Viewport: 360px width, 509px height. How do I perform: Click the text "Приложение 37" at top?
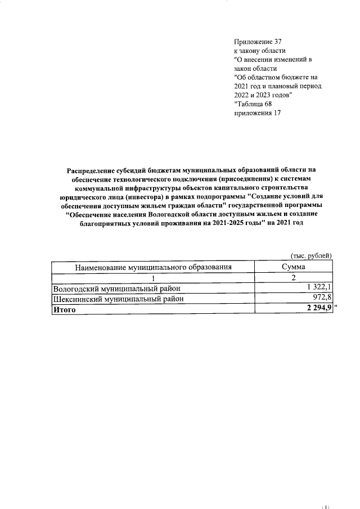pos(257,42)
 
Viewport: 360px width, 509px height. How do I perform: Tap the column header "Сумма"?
pos(294,268)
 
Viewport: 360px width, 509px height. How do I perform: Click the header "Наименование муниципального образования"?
pos(153,268)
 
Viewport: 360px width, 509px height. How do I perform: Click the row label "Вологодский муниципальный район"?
pos(116,289)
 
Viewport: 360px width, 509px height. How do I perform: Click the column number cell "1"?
pos(153,278)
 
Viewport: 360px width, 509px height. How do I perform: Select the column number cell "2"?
pos(294,278)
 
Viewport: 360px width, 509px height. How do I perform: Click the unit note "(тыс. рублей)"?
pos(311,256)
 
